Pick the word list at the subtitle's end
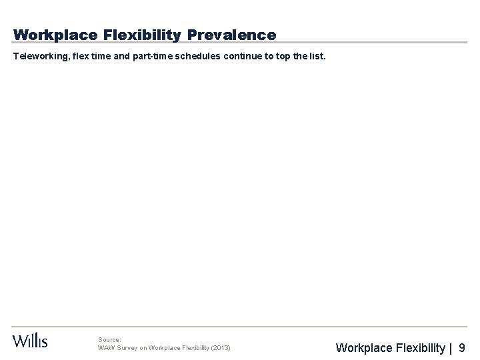click(317, 57)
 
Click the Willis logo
click(30, 340)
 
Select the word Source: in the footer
click(109, 339)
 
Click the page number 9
click(462, 347)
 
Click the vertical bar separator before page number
click(451, 347)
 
